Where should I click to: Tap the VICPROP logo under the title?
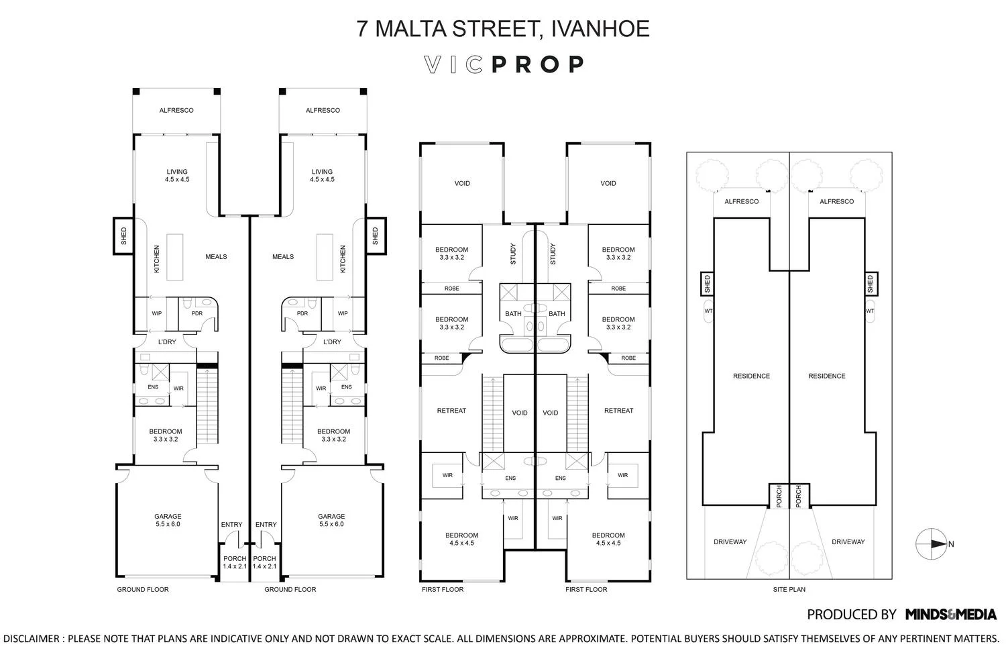tap(504, 64)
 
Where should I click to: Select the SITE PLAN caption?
tap(789, 590)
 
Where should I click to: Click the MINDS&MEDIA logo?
tap(950, 614)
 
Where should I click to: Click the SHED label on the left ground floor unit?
tap(123, 236)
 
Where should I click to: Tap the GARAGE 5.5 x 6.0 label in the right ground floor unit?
tap(331, 520)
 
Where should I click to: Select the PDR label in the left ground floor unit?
tap(197, 313)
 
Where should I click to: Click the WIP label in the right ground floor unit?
tap(343, 313)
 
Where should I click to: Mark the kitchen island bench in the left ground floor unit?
tap(175, 256)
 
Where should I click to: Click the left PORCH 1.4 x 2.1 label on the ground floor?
tap(235, 562)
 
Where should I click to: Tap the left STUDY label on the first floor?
tap(514, 253)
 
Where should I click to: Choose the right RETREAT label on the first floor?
tap(618, 411)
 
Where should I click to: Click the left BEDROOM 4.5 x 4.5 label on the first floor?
tap(461, 539)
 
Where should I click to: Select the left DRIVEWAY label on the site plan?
tap(730, 541)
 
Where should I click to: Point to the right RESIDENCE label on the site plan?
tap(827, 376)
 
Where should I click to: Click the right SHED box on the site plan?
tap(870, 284)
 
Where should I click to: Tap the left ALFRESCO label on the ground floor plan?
tap(176, 110)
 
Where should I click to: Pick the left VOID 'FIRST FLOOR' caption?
tap(442, 590)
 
